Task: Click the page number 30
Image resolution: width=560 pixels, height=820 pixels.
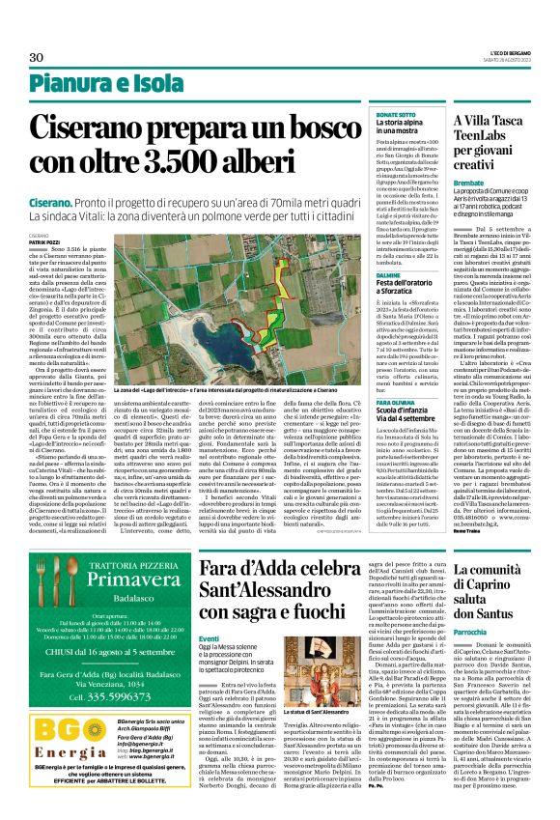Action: (x=37, y=58)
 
